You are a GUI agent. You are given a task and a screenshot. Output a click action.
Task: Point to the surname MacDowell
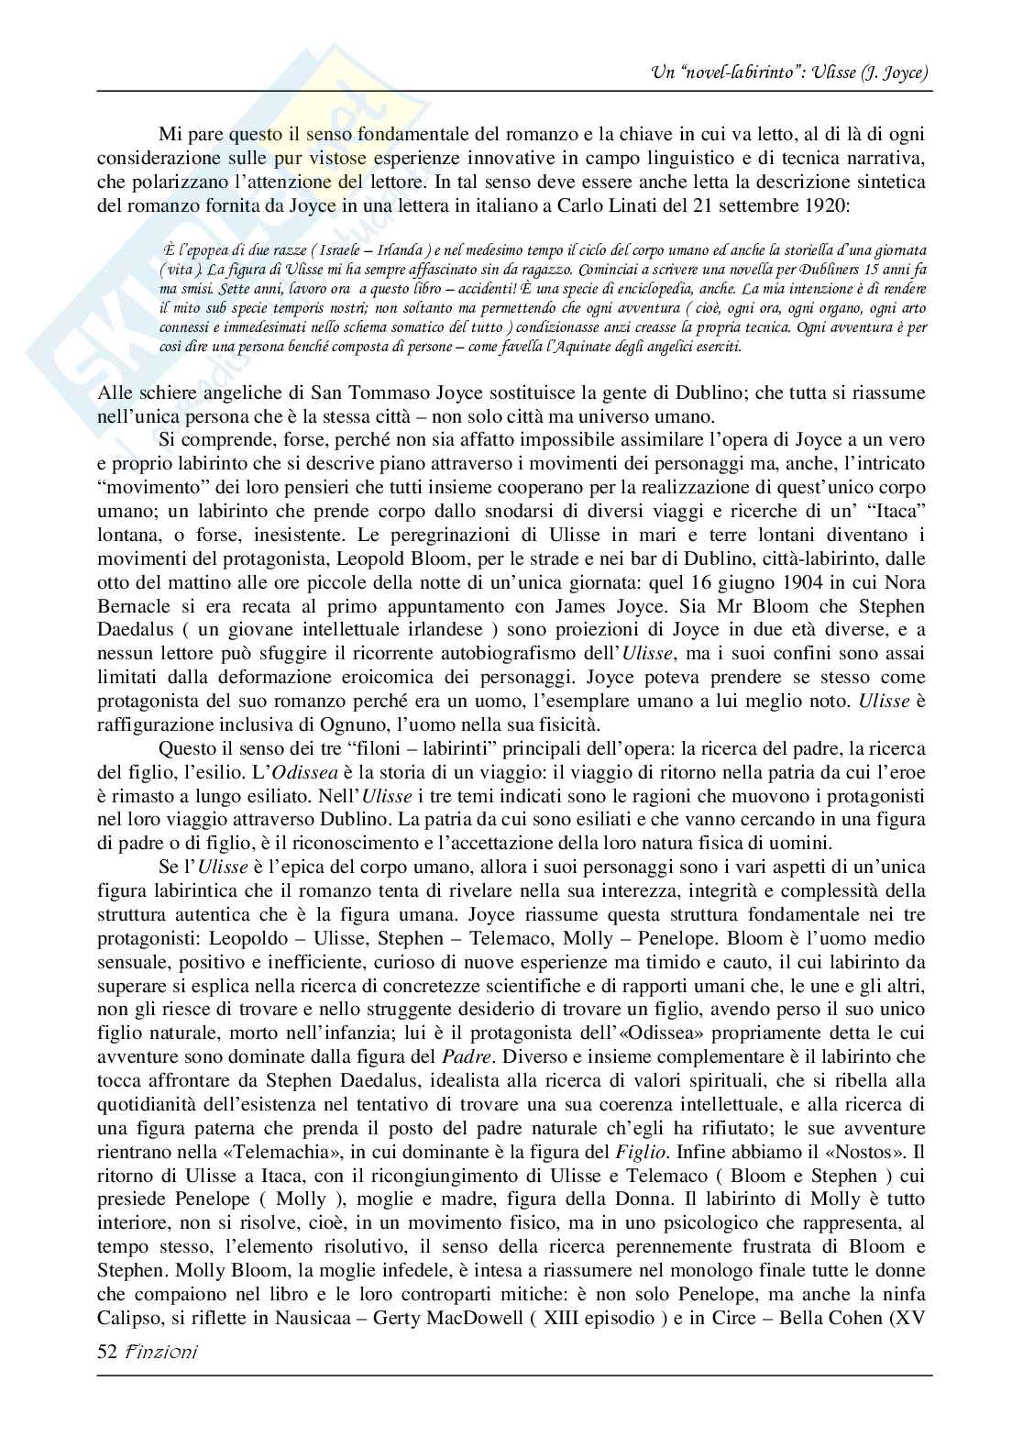coord(530,1319)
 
